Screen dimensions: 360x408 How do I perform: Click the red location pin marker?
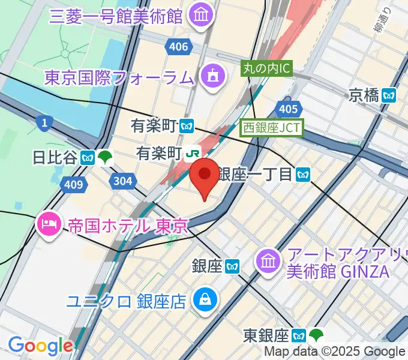pyautogui.click(x=205, y=175)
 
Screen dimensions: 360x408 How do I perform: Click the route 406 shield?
pyautogui.click(x=179, y=47)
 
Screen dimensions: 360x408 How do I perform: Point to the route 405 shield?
pyautogui.click(x=289, y=109)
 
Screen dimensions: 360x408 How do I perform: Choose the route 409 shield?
pyautogui.click(x=73, y=184)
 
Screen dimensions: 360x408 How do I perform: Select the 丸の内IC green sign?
pyautogui.click(x=266, y=69)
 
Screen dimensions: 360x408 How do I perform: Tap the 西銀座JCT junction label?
pyautogui.click(x=272, y=128)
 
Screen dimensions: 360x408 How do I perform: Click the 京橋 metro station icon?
pyautogui.click(x=391, y=95)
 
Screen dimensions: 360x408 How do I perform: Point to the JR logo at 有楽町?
pyautogui.click(x=192, y=154)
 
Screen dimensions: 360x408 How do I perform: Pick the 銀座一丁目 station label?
pyautogui.click(x=255, y=174)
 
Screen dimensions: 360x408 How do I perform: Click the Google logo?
pyautogui.click(x=40, y=346)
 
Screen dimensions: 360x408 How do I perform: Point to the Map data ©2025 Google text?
pyautogui.click(x=334, y=352)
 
